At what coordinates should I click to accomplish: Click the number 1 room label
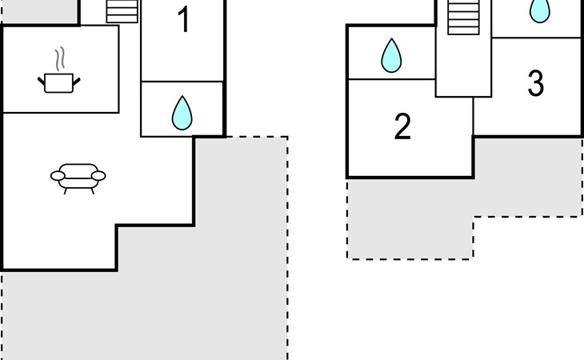(x=183, y=20)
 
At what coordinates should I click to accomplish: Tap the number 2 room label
(x=402, y=127)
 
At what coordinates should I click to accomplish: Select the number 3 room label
(x=536, y=83)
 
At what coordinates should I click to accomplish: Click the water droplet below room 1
(x=182, y=114)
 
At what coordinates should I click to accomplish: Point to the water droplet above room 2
(x=391, y=55)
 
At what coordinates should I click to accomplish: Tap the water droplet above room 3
(x=541, y=10)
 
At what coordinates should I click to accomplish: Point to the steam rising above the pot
(x=58, y=59)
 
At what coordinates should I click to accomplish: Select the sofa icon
(x=78, y=175)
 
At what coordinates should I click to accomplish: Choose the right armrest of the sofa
(x=98, y=175)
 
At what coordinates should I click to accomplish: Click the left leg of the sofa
(x=65, y=190)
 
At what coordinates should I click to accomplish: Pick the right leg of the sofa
(x=92, y=190)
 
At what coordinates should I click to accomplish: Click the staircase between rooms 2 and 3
(x=462, y=17)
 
